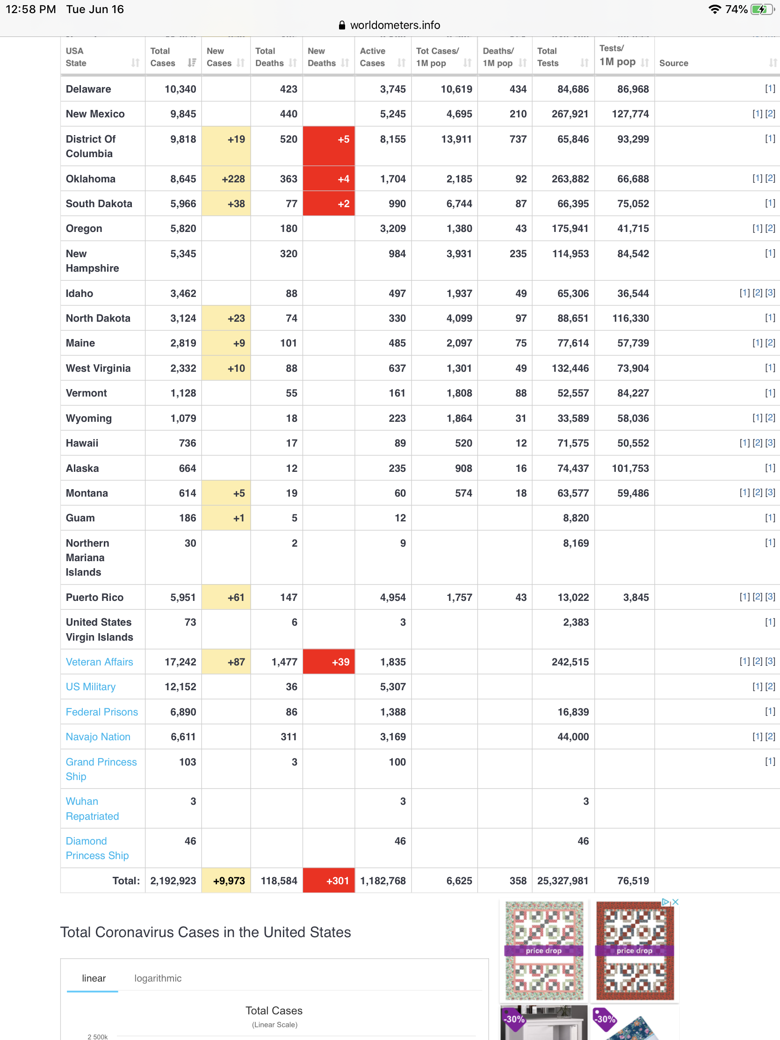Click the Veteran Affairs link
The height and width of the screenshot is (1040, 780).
coord(99,662)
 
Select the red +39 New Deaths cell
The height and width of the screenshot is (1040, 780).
coord(329,662)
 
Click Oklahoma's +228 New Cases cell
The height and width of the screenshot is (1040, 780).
coord(226,179)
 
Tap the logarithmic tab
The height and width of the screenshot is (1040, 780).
coord(158,978)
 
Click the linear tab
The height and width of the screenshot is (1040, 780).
coord(94,978)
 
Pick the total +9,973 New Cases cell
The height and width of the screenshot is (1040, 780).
coord(226,881)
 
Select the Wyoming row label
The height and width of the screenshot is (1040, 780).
coord(88,418)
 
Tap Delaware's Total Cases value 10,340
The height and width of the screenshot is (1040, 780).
coord(180,89)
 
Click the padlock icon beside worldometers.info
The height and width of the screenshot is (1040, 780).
coord(342,25)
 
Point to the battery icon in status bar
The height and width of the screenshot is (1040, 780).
coord(762,9)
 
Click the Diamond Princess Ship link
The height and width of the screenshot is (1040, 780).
coord(97,848)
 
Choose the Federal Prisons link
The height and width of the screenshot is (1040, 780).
coord(101,711)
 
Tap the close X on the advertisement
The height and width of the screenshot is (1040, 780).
coord(676,902)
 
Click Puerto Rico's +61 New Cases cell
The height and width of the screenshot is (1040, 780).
coord(226,597)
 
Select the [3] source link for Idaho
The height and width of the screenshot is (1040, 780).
coord(770,293)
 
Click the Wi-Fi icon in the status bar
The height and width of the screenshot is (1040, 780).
coord(715,9)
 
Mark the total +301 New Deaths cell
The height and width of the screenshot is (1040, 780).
coord(329,881)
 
